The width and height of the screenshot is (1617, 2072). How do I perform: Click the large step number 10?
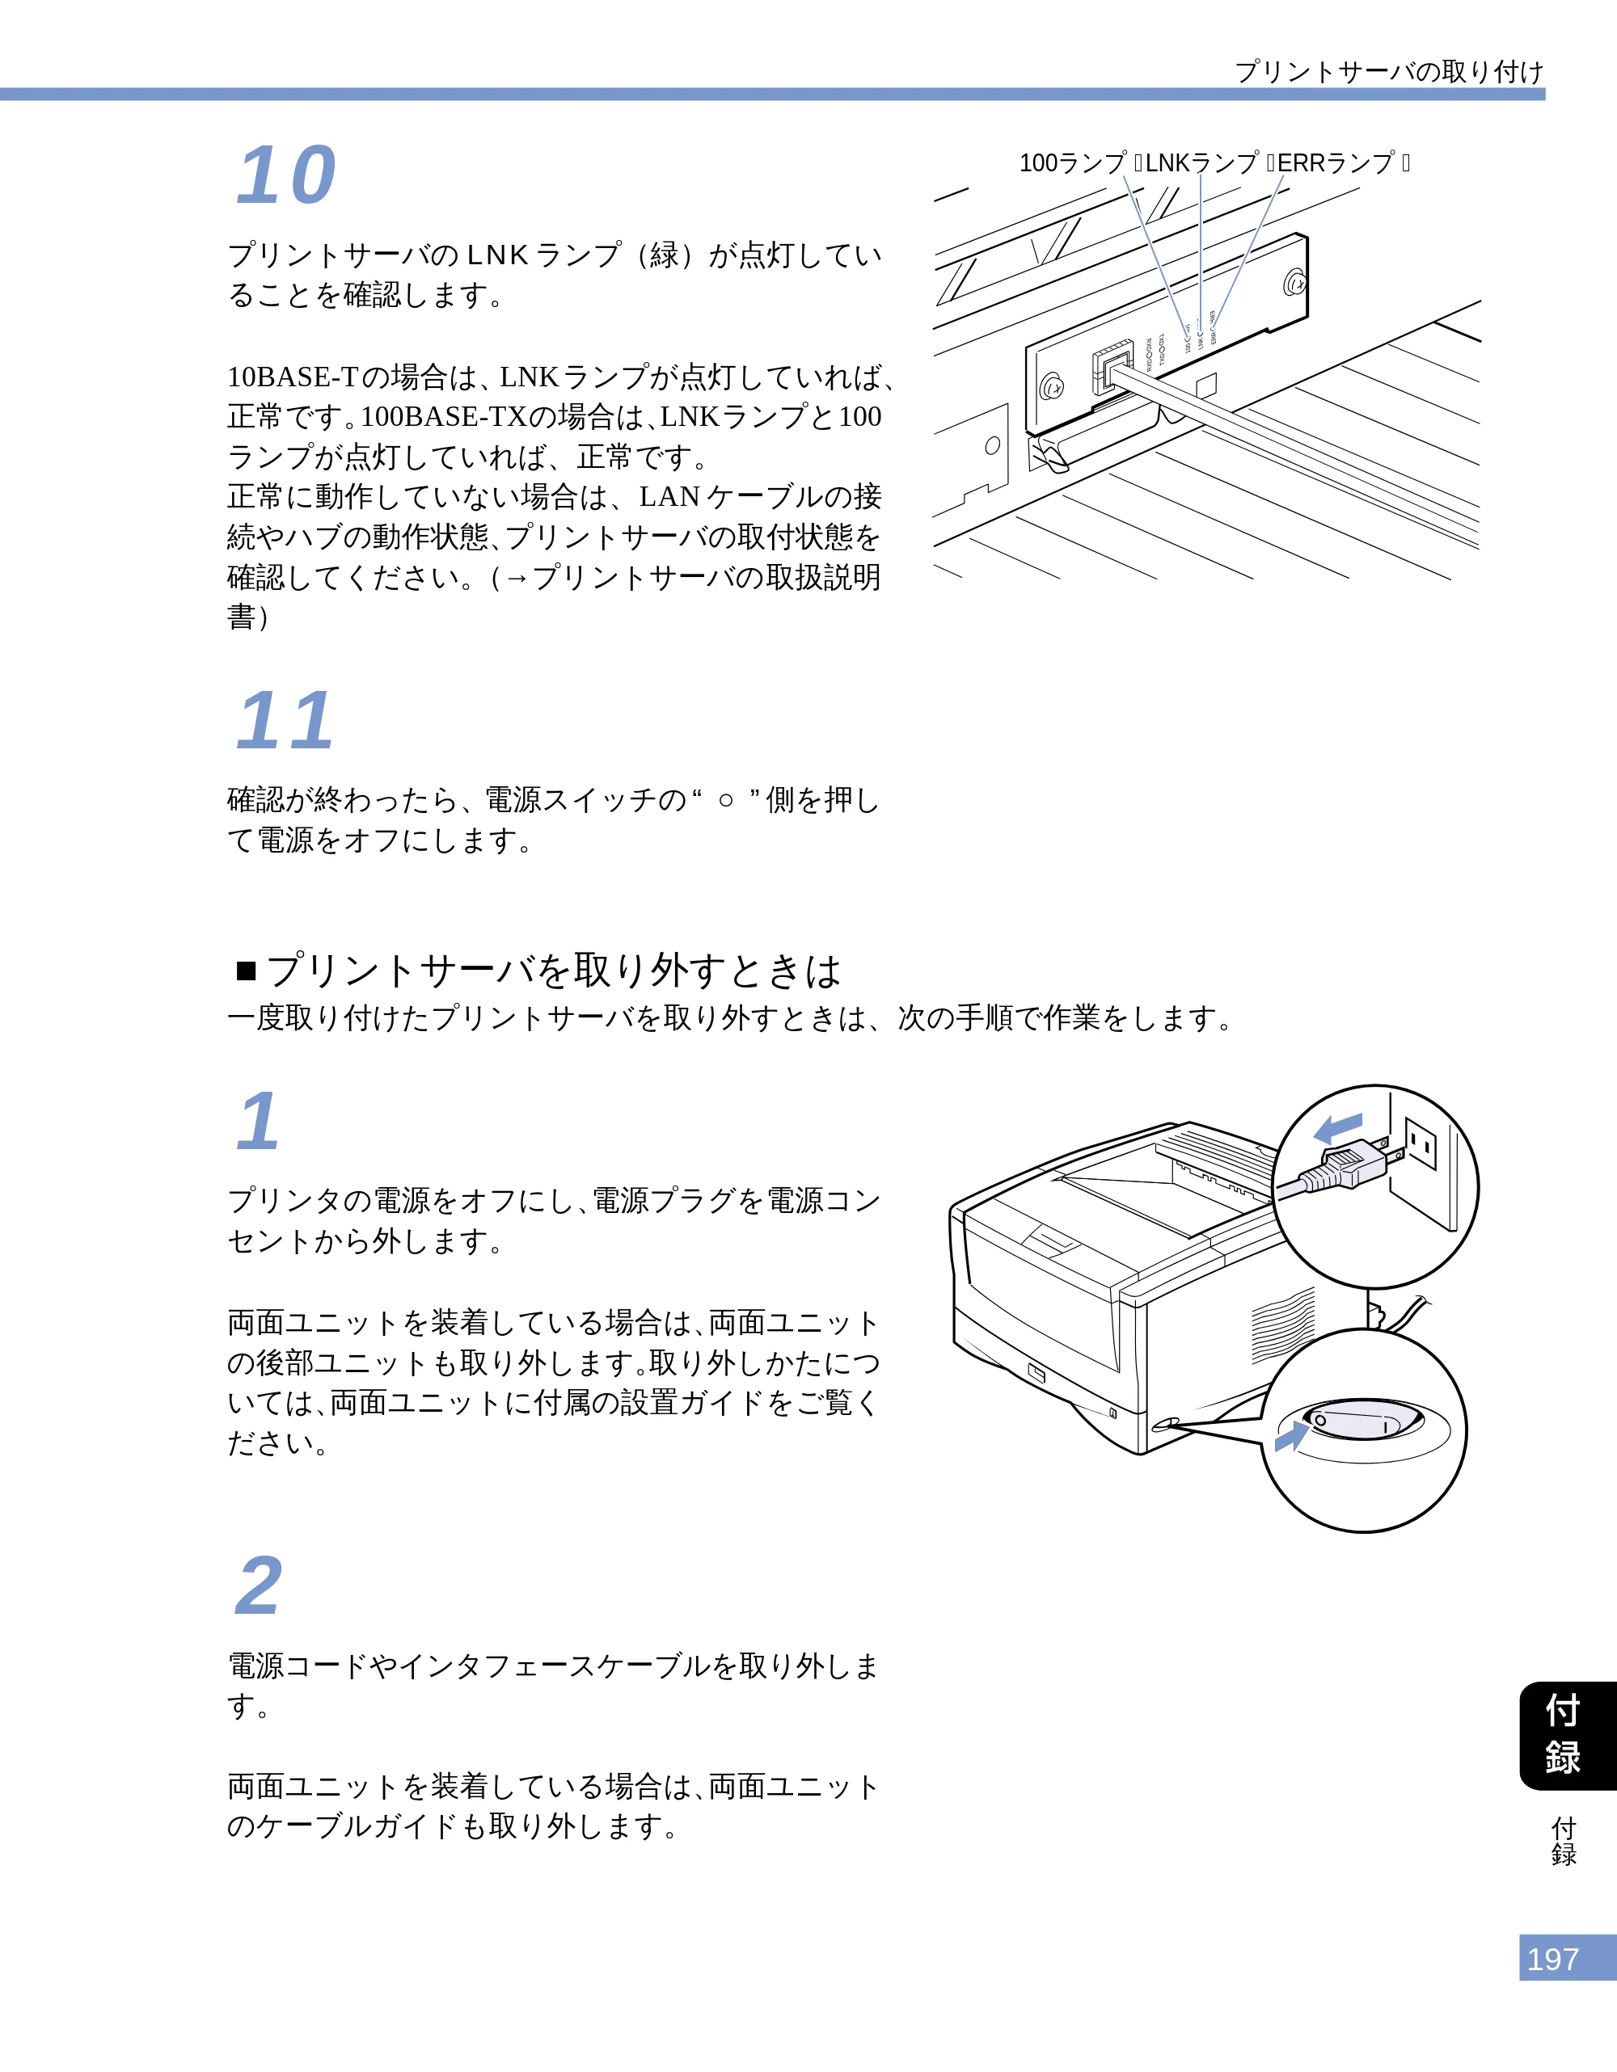point(285,175)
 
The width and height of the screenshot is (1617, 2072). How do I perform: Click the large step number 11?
point(285,720)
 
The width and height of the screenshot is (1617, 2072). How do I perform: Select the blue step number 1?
point(258,1122)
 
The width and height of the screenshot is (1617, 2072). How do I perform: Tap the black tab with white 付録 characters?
point(1568,1735)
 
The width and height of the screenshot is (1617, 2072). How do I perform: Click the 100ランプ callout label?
point(1072,163)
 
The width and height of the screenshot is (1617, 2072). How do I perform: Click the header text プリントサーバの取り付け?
point(1389,71)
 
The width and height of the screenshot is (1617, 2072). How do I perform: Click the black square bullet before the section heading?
point(247,971)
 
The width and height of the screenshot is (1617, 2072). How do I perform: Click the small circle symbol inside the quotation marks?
point(726,801)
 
